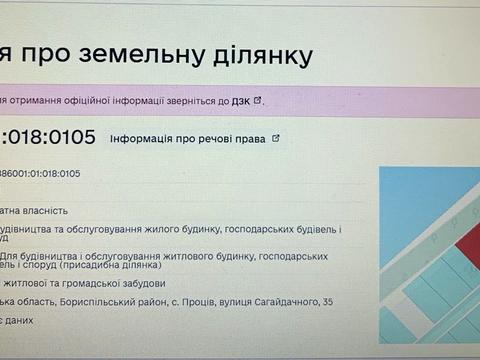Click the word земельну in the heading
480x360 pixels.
tap(168, 54)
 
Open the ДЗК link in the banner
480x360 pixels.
tap(241, 101)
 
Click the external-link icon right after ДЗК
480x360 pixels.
tap(258, 100)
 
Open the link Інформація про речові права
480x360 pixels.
tap(188, 139)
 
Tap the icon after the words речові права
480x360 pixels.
tap(276, 139)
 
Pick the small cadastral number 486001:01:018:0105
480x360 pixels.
tap(40, 173)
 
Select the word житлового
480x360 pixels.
tap(165, 257)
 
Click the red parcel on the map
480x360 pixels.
tap(464, 241)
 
